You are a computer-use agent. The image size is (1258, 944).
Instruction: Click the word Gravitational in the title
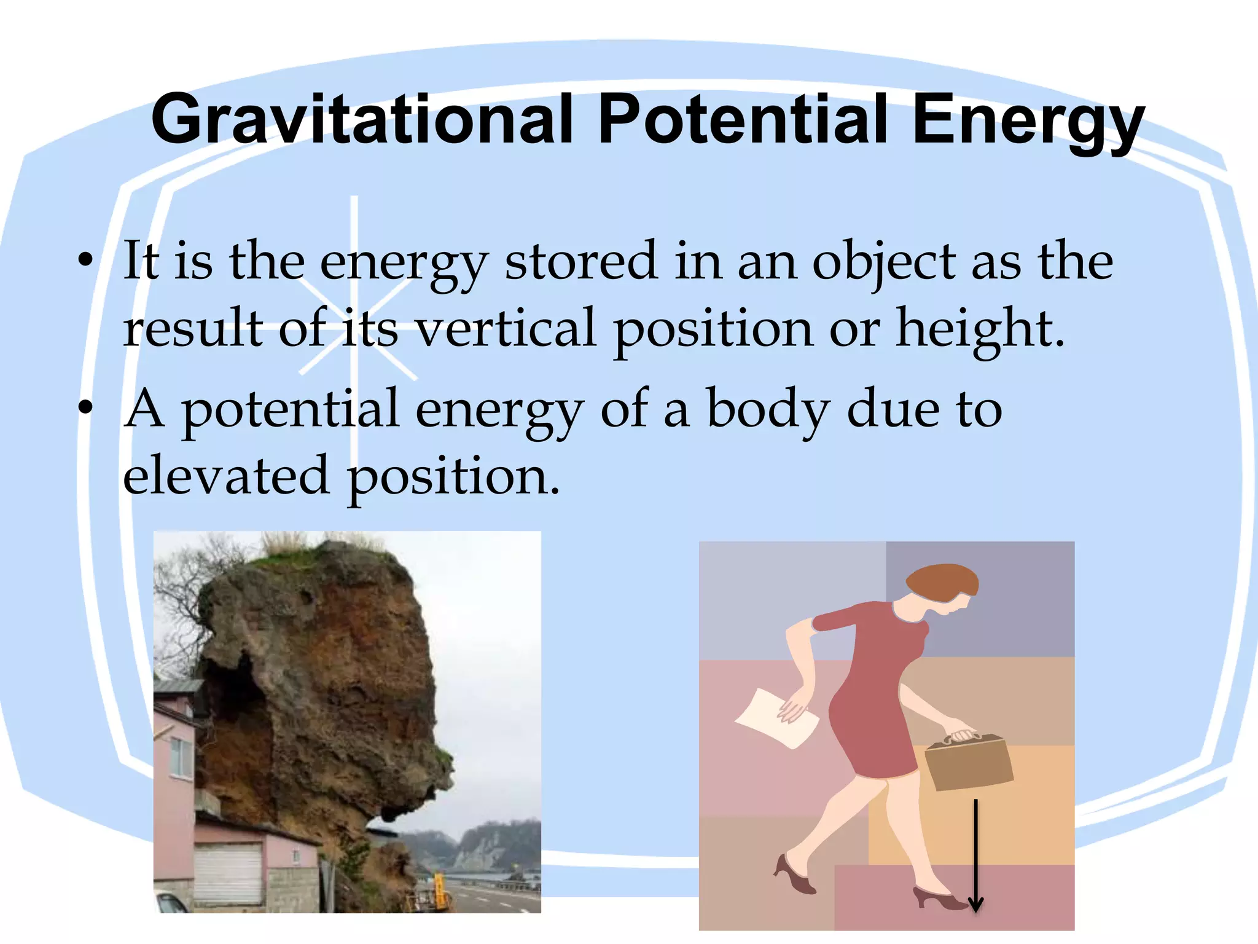[362, 120]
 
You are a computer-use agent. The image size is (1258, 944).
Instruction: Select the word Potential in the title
[743, 120]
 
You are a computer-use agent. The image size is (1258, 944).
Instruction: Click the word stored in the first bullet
[580, 261]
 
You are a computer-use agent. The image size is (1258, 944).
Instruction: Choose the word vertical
[505, 328]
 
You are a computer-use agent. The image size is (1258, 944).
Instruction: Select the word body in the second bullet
[768, 411]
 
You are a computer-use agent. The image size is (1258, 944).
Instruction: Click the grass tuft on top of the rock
[289, 544]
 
